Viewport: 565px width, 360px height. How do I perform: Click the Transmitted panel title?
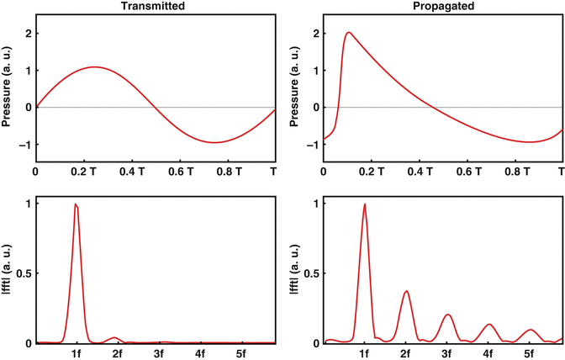(155, 6)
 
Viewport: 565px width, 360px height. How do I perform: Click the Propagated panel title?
(442, 6)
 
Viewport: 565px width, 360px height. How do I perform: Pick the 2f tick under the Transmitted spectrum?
(117, 354)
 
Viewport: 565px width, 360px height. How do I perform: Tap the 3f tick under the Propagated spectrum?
(446, 354)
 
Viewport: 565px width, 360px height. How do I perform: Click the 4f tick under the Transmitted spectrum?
(199, 354)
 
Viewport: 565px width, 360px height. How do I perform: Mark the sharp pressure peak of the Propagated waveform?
(348, 33)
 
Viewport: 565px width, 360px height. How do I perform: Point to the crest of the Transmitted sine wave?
(95, 67)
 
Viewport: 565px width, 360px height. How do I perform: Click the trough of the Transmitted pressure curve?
(214, 142)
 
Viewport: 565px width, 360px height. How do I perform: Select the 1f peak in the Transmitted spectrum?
(76, 204)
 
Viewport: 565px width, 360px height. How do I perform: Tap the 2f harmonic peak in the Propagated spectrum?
(406, 291)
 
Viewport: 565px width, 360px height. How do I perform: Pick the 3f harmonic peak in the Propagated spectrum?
(447, 315)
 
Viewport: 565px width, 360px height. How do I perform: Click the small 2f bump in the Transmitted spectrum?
(116, 337)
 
